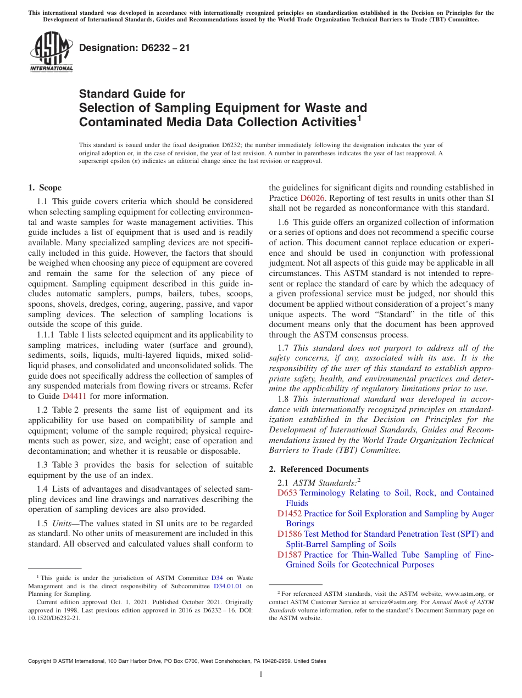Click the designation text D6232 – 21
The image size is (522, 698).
click(x=135, y=48)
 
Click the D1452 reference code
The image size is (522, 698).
click(x=290, y=514)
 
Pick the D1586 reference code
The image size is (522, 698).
click(x=290, y=534)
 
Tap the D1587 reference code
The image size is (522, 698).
click(x=290, y=555)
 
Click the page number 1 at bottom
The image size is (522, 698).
click(x=261, y=674)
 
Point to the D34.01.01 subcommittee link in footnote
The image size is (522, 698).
click(x=229, y=586)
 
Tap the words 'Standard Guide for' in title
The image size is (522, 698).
click(x=132, y=94)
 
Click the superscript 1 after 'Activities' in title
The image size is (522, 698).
click(x=359, y=117)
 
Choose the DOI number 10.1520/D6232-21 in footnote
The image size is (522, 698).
click(x=54, y=617)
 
